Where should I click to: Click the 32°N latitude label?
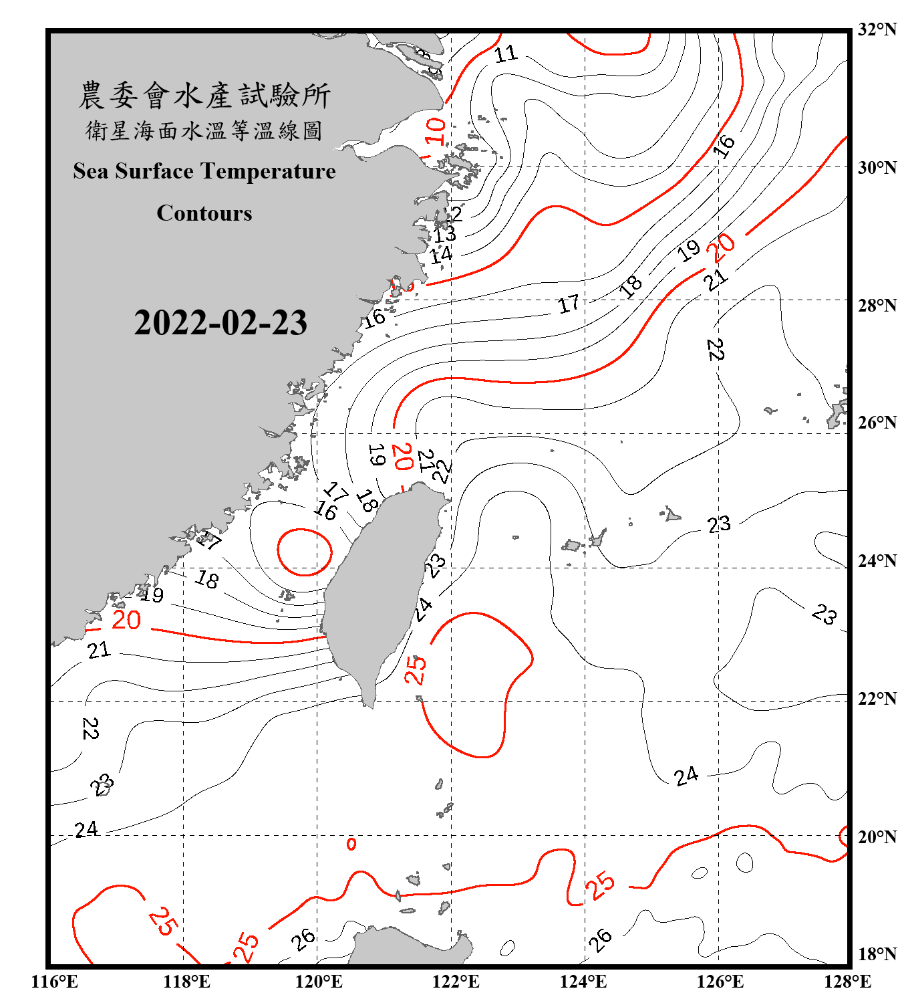pos(877,29)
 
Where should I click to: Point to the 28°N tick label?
pos(877,306)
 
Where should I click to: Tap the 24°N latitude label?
pos(877,561)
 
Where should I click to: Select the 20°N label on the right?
pos(877,837)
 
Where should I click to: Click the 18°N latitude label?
pos(877,954)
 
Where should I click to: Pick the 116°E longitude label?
pos(55,982)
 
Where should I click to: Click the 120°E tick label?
pos(319,982)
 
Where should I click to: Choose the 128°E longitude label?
pos(847,982)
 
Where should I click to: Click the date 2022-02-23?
pos(220,323)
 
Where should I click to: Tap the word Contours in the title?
pos(204,213)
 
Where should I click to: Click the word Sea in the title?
pos(92,172)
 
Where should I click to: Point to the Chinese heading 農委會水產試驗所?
pos(204,96)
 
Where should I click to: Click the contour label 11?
pos(506,53)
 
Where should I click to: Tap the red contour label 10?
pos(435,130)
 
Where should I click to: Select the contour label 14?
pos(441,255)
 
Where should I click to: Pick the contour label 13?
pos(444,234)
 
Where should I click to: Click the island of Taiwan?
pos(381,588)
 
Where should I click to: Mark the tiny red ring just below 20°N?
pos(351,844)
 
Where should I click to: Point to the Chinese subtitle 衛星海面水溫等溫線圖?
pos(204,131)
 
